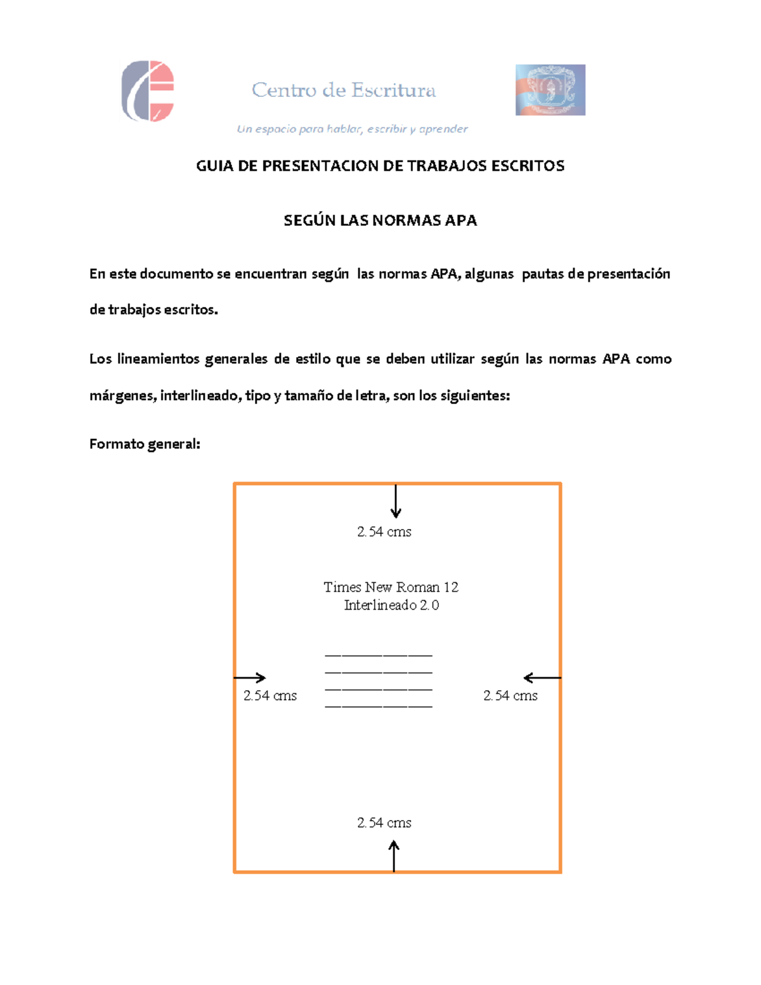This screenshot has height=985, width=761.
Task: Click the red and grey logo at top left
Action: click(148, 91)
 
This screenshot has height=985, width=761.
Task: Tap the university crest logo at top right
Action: click(550, 89)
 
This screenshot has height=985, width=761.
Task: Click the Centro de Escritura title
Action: click(344, 90)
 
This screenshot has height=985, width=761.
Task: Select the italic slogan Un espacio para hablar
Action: click(352, 129)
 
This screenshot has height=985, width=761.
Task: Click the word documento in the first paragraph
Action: click(176, 273)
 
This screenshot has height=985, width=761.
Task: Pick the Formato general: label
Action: click(145, 444)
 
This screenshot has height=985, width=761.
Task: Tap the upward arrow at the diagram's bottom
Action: click(394, 856)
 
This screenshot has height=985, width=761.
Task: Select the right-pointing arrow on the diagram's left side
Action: click(250, 677)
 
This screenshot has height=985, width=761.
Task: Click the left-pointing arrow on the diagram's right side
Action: click(542, 677)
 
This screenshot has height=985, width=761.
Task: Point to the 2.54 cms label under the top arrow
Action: click(384, 532)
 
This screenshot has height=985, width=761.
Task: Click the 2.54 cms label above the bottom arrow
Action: click(384, 823)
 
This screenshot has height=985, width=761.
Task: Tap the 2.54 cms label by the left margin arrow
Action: click(270, 696)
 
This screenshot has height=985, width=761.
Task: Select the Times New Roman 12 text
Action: click(391, 587)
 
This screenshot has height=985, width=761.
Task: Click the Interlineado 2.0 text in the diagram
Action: click(391, 605)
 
